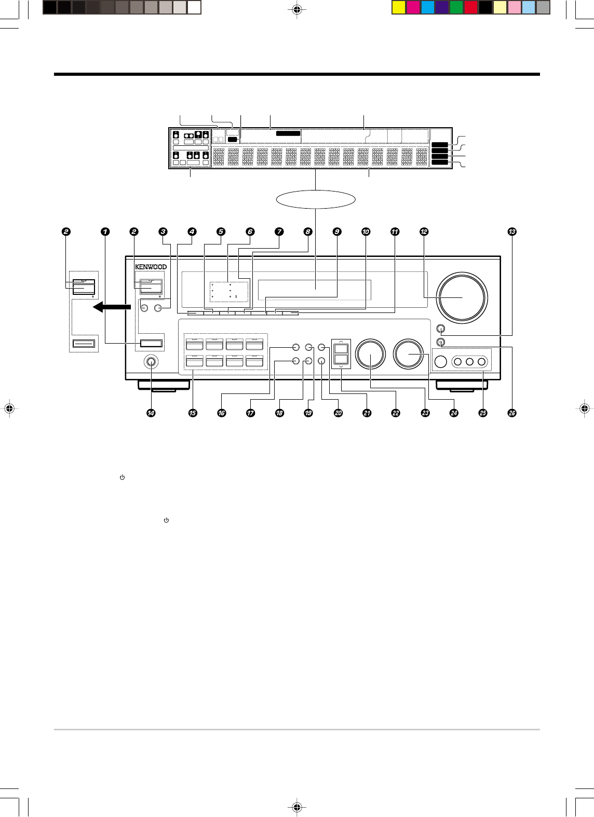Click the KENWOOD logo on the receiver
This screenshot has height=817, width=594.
click(x=151, y=267)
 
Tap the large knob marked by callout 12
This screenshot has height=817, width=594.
click(x=462, y=297)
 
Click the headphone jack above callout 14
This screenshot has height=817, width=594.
click(x=151, y=362)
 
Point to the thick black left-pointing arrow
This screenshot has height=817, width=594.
click(x=110, y=308)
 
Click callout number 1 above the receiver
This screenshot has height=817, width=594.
click(x=105, y=232)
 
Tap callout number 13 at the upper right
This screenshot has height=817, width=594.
click(x=512, y=232)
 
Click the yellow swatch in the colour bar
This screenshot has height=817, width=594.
click(x=398, y=8)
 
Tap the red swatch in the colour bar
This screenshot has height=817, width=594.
click(x=471, y=8)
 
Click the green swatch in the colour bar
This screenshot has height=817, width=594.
click(x=456, y=8)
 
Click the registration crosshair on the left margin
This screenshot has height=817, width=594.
click(x=9, y=408)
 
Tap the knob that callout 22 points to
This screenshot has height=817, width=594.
click(x=371, y=353)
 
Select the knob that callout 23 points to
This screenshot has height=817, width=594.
click(x=410, y=353)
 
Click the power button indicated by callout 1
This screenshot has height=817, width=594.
click(x=151, y=343)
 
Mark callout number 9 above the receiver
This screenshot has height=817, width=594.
click(x=337, y=232)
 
